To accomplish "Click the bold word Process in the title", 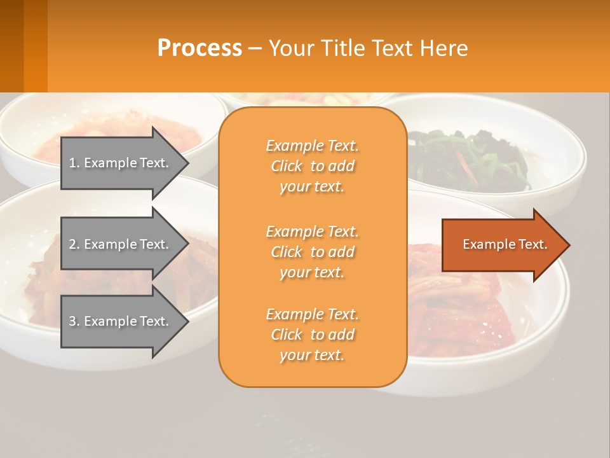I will tap(200, 48).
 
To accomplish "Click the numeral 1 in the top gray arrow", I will tap(73, 163).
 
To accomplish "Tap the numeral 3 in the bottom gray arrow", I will tap(73, 321).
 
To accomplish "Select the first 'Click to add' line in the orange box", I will tap(313, 166).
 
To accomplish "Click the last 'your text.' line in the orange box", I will tap(312, 355).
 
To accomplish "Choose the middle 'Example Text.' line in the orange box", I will tap(312, 231).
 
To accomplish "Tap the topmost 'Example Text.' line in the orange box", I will tap(312, 146).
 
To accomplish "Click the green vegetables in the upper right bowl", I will tap(470, 159).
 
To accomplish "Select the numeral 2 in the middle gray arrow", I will tap(73, 244).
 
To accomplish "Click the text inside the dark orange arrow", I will tap(505, 244).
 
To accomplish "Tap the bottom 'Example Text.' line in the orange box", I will tap(312, 314).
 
